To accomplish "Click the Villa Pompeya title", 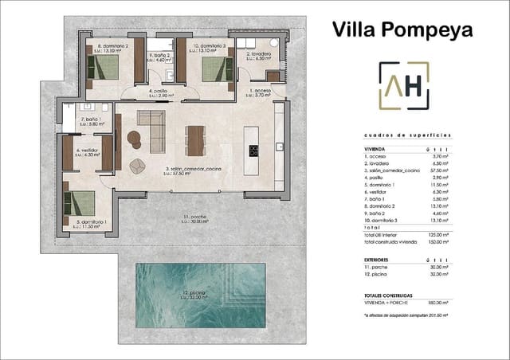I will [402, 29].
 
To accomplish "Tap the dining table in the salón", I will [196, 141].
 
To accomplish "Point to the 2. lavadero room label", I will [259, 56].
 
